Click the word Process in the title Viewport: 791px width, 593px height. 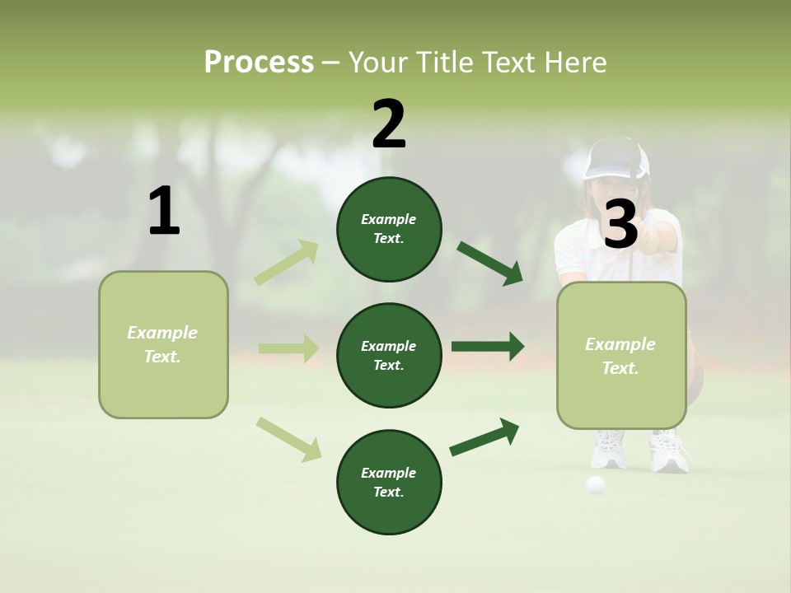pos(259,62)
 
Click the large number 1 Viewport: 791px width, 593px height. pos(164,212)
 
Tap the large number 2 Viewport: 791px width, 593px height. pos(389,124)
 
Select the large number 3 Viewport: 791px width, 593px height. pos(620,224)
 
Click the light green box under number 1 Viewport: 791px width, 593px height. pos(163,344)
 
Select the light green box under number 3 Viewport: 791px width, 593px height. pos(621,356)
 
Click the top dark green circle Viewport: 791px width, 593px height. pos(389,229)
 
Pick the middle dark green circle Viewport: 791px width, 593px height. pos(389,355)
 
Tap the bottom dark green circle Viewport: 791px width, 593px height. pos(389,482)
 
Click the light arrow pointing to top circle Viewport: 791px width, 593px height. pos(287,263)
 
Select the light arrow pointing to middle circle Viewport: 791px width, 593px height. pos(288,348)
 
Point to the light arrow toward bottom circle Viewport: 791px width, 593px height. pos(288,439)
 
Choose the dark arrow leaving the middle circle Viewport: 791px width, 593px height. pos(488,346)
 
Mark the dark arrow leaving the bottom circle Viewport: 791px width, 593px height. pos(485,437)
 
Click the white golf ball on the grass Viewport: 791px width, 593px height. pos(595,484)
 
